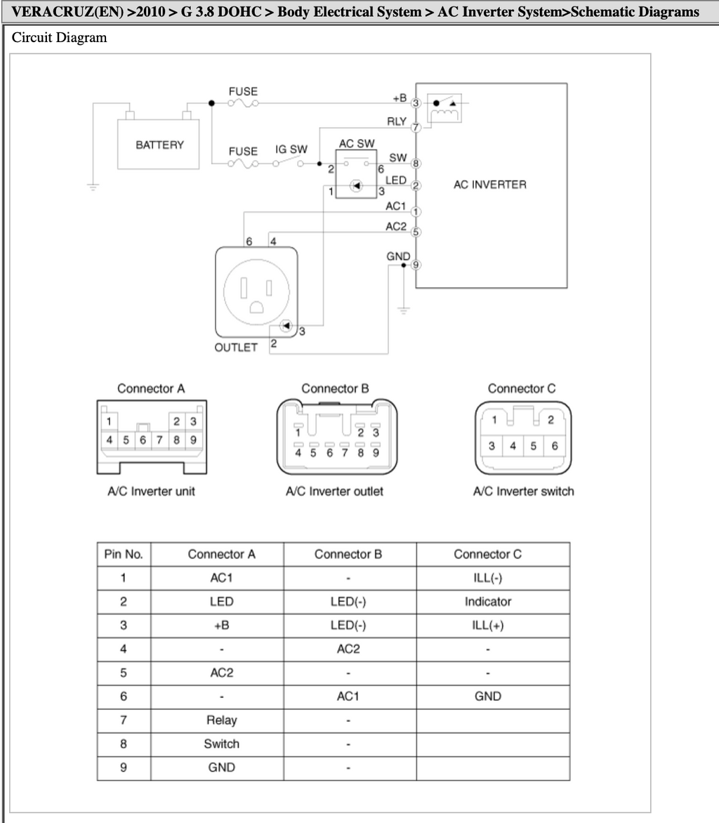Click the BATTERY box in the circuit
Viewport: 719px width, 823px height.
coord(158,145)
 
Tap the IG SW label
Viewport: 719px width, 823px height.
coord(291,150)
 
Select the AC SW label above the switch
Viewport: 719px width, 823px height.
coord(357,143)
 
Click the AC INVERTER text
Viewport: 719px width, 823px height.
coord(489,184)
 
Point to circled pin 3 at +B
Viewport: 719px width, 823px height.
coord(416,103)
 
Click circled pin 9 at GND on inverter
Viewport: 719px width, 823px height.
coord(416,265)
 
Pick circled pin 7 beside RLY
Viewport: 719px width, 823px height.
coord(416,128)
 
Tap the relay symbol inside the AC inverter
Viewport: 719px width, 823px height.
coord(444,108)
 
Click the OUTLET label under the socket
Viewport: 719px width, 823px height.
coord(236,348)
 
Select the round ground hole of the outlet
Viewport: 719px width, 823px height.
coord(256,307)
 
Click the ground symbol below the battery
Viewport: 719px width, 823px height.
coord(93,186)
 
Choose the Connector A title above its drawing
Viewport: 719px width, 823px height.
coord(151,388)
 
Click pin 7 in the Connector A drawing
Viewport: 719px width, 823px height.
coord(159,440)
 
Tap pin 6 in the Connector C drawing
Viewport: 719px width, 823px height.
coord(555,446)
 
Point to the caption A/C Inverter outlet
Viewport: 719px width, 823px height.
coord(334,492)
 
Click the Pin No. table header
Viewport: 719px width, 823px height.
coord(124,554)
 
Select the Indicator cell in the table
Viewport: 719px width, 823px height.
coord(487,602)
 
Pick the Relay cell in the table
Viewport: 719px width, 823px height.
coord(221,720)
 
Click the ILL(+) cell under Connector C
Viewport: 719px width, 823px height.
coord(487,625)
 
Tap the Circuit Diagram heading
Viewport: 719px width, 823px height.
coord(59,38)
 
